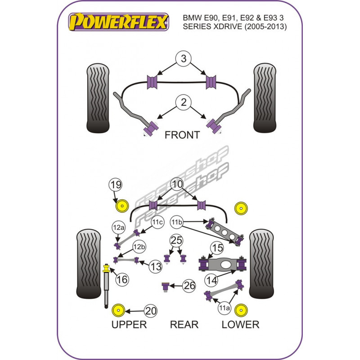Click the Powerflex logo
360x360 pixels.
pos(118,22)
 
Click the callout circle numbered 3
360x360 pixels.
pos(183,58)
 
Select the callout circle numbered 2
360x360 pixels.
pos(183,103)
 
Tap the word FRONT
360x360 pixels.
pos(182,135)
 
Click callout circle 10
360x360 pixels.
pos(177,184)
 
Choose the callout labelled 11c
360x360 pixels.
pos(157,222)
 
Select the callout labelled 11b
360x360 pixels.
pos(176,222)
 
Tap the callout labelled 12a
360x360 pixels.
pos(118,228)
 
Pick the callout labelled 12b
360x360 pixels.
pos(139,247)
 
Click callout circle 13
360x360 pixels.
pos(156,266)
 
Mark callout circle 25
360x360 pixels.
pos(175,241)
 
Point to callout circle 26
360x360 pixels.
pos(189,285)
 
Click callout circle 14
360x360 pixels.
pos(211,280)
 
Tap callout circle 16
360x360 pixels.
pos(121,280)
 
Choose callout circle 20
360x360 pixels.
pos(150,310)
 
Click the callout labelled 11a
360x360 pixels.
pos(224,308)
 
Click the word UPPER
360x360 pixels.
pos(129,324)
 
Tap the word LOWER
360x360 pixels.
pos(240,324)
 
